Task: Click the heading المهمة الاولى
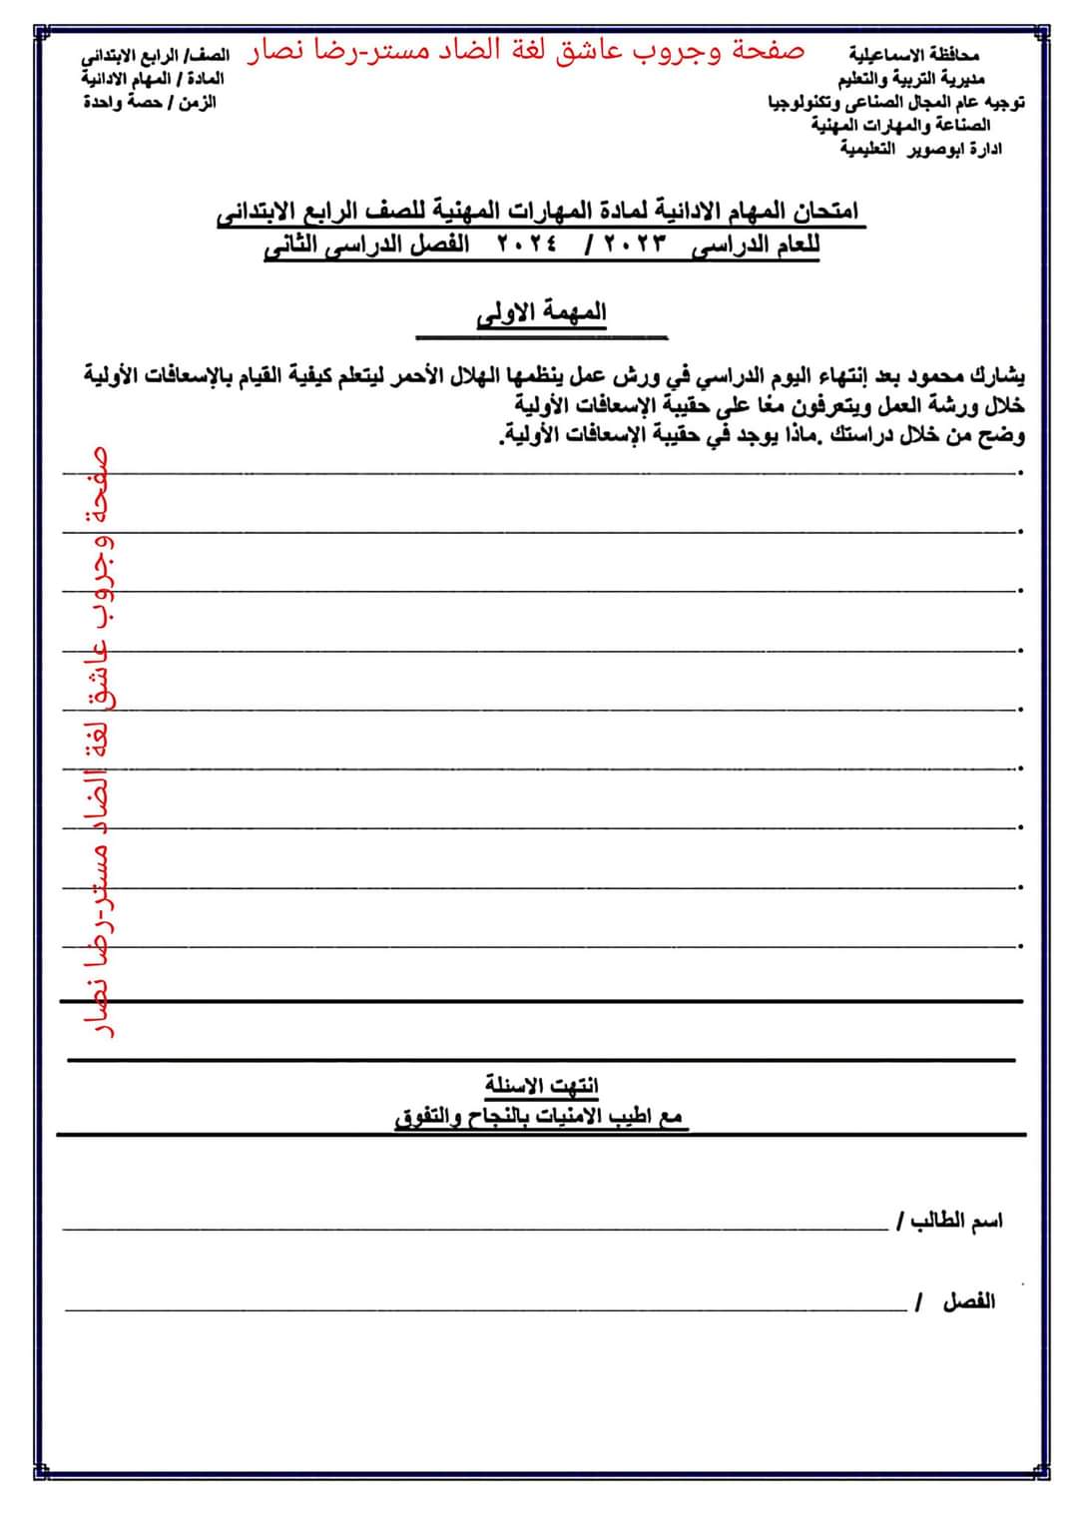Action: coord(542,313)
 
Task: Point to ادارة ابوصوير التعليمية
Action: coord(920,149)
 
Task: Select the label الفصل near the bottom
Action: coord(968,1301)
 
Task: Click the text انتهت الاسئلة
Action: coord(542,1085)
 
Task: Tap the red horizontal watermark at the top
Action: coord(526,51)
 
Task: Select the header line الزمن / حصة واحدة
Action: coord(150,102)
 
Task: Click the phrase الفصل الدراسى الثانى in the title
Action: coord(367,245)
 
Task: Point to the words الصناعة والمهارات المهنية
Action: coord(901,125)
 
